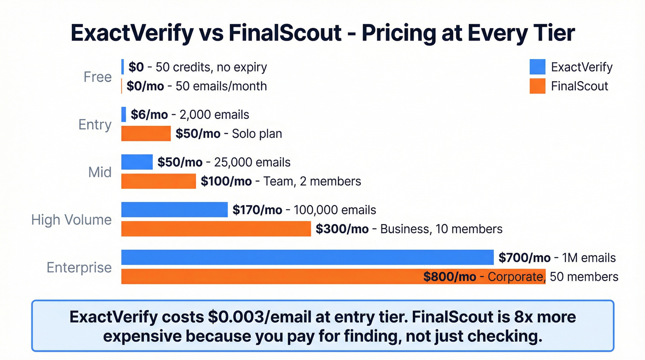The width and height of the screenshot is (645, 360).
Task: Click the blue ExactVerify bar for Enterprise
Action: coord(307,257)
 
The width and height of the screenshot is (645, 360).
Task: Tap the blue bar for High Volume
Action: coord(174,210)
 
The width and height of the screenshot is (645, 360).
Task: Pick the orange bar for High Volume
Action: coord(216,229)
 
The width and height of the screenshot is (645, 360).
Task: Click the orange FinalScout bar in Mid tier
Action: coord(158,181)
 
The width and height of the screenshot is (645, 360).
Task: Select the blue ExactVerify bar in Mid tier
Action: coord(137,162)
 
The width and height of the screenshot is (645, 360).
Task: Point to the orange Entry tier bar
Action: coord(146,134)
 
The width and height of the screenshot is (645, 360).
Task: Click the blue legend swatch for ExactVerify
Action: coord(538,67)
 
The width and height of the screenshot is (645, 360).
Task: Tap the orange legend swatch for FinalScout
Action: coord(538,86)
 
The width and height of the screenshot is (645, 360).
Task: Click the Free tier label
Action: coord(98,77)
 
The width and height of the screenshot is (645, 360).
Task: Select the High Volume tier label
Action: coord(71,219)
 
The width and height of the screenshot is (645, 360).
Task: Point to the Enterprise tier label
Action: coord(79,267)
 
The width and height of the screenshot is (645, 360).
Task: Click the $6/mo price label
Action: coord(149,115)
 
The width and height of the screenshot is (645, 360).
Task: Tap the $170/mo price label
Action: coord(257,210)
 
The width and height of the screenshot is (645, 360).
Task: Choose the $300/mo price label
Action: coord(342,229)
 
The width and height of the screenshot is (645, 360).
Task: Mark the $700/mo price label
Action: coord(524,258)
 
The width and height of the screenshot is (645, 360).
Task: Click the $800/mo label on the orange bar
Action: coord(449,277)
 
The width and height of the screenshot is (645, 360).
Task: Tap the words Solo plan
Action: coord(257,134)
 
